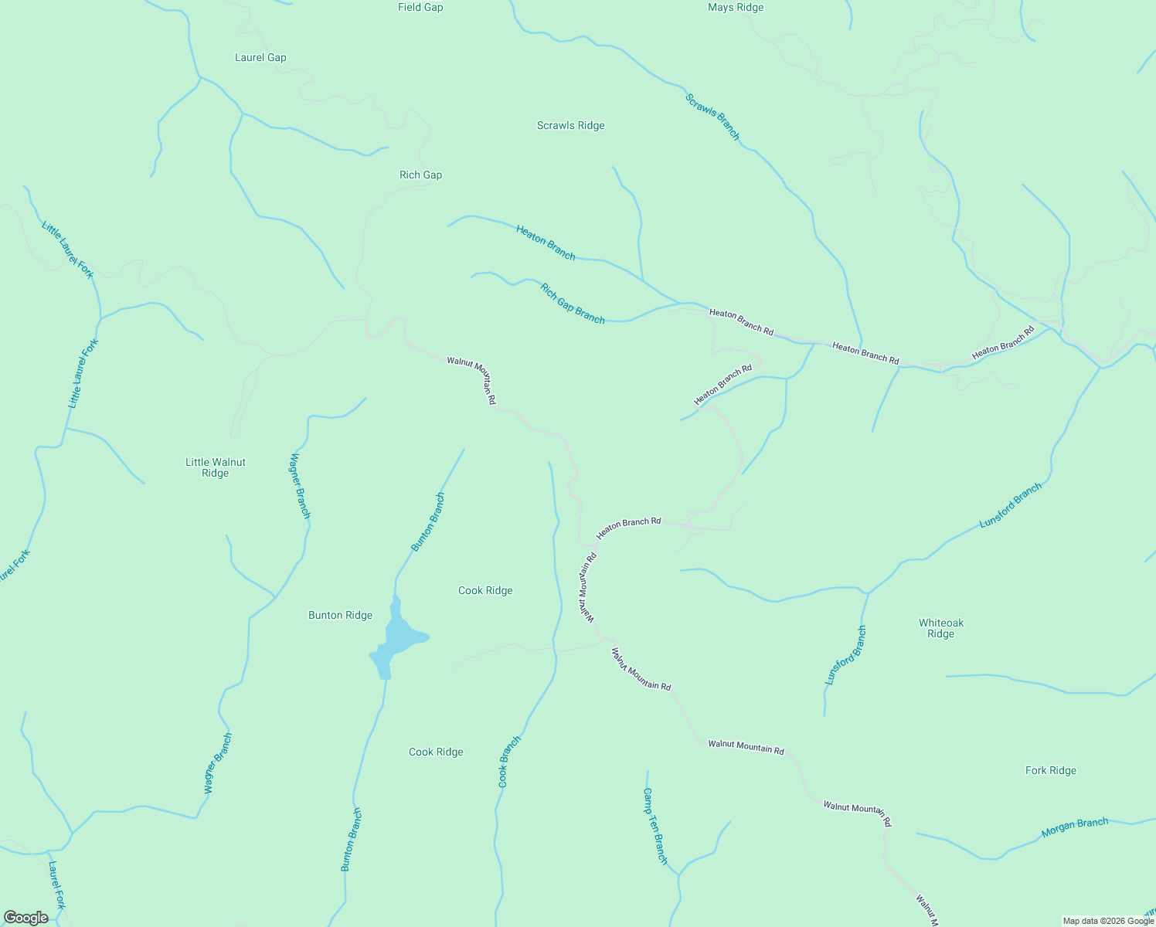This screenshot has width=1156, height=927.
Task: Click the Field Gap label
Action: pyautogui.click(x=420, y=8)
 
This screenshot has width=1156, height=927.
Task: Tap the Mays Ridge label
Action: pyautogui.click(x=736, y=8)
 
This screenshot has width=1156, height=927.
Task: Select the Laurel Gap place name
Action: pyautogui.click(x=260, y=58)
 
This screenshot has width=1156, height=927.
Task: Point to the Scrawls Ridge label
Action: pyautogui.click(x=571, y=126)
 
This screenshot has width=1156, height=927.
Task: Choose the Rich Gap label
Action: pyautogui.click(x=421, y=175)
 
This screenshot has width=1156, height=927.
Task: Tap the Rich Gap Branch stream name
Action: pyautogui.click(x=573, y=304)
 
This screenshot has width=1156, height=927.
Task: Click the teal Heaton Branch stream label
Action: pyautogui.click(x=546, y=243)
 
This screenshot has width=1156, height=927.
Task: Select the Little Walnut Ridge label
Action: pyautogui.click(x=216, y=468)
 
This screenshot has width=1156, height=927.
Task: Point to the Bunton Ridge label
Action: pyautogui.click(x=341, y=616)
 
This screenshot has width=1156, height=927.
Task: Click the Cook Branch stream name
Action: pyautogui.click(x=509, y=762)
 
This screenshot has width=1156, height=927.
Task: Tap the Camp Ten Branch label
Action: pyautogui.click(x=654, y=825)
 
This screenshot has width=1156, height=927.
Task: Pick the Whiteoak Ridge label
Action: pyautogui.click(x=941, y=629)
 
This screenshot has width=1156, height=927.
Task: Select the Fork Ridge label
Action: pyautogui.click(x=1051, y=771)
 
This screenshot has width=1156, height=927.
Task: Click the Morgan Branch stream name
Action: pyautogui.click(x=1075, y=828)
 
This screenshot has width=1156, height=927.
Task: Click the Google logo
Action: pyautogui.click(x=26, y=918)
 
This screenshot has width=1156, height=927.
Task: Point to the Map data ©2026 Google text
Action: pyautogui.click(x=1108, y=921)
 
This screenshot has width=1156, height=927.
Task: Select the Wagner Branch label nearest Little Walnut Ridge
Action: pyautogui.click(x=300, y=486)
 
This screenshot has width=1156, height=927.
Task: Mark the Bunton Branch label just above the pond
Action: pyautogui.click(x=428, y=522)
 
